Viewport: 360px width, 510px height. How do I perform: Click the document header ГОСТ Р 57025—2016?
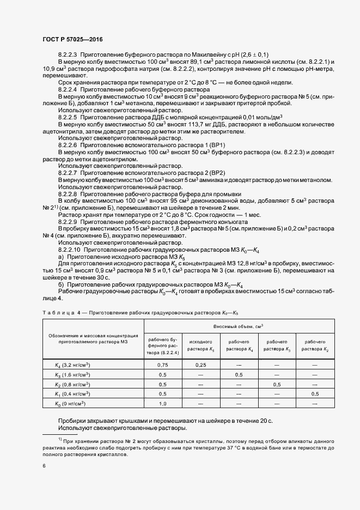click(72, 40)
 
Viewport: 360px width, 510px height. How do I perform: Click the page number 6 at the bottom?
click(44, 465)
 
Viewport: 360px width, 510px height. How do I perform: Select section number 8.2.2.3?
click(68, 55)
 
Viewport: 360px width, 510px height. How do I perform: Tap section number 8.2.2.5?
click(68, 117)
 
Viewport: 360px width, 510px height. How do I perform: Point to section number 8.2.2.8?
click(68, 194)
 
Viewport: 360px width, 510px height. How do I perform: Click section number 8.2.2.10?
click(69, 249)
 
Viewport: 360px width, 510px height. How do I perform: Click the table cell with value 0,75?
click(163, 365)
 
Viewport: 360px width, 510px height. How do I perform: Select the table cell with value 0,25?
click(200, 365)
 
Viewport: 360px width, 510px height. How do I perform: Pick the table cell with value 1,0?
click(163, 403)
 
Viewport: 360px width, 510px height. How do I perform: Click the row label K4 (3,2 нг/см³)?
click(72, 365)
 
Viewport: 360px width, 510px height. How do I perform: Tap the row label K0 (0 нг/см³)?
click(71, 403)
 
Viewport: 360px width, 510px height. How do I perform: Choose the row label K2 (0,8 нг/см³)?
click(72, 384)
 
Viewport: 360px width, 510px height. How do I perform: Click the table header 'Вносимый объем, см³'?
click(240, 325)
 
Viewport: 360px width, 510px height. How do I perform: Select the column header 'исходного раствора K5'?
click(200, 345)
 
